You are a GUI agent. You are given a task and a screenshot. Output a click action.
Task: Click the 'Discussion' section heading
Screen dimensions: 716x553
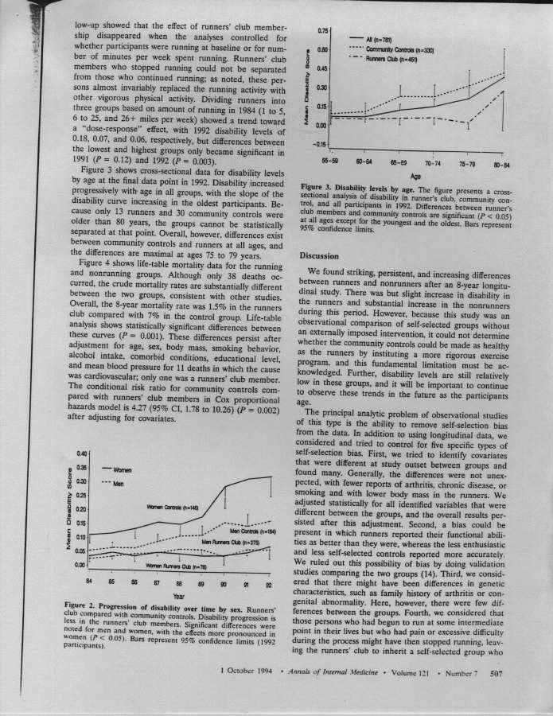321,257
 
